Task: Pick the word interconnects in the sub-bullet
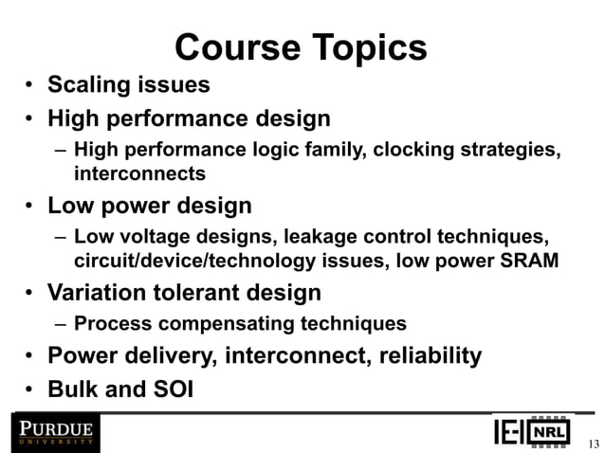pyautogui.click(x=139, y=174)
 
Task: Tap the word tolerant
pyautogui.click(x=202, y=292)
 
